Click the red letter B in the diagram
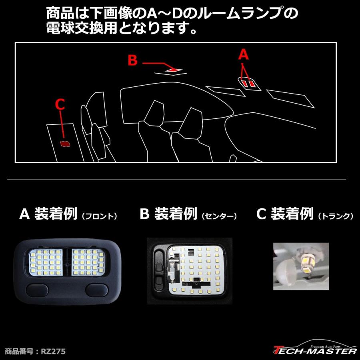pos(132,61)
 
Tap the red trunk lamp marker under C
pos(64,143)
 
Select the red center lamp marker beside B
pos(173,70)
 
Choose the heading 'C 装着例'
pos(284,214)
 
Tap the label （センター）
pos(219,216)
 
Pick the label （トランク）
pos(335,216)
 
